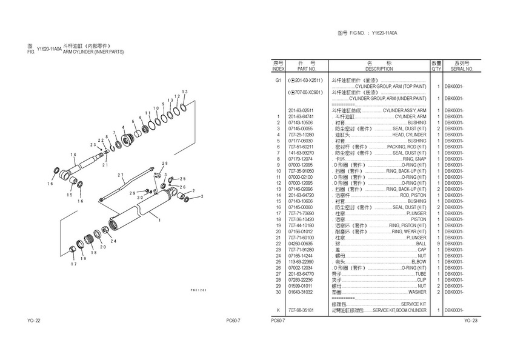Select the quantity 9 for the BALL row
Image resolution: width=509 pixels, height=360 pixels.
pyautogui.click(x=437, y=244)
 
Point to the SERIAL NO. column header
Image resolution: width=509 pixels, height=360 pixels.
pyautogui.click(x=461, y=69)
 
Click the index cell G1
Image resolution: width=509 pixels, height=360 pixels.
pyautogui.click(x=278, y=81)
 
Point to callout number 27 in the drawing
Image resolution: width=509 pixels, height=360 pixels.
pyautogui.click(x=121, y=176)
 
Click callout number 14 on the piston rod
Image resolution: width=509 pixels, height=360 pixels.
pyautogui.click(x=73, y=155)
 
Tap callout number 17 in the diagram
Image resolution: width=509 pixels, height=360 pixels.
pyautogui.click(x=73, y=264)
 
